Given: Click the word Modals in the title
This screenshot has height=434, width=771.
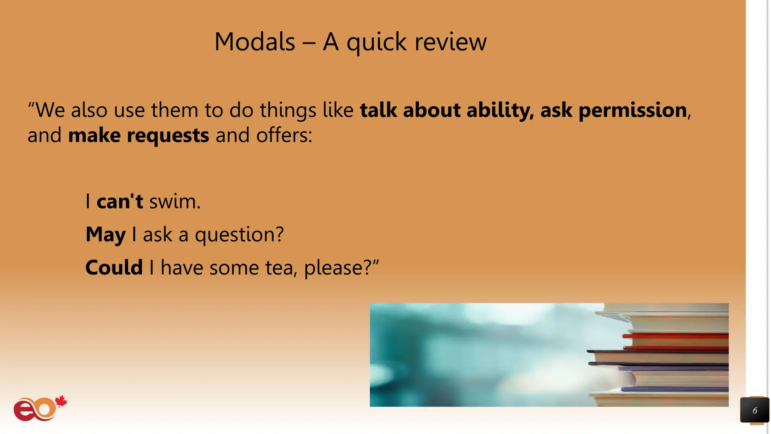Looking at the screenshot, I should (254, 42).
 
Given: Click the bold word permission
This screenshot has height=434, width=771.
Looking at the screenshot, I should (632, 110).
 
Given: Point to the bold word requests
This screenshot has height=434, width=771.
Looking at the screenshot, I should (168, 136).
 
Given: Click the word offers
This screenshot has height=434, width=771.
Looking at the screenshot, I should (284, 135).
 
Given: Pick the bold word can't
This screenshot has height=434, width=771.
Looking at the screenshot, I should (120, 202).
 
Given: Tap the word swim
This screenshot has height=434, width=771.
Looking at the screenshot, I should (175, 202).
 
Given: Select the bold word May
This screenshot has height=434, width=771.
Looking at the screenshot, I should (105, 235).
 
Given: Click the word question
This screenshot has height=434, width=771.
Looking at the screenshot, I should (239, 235).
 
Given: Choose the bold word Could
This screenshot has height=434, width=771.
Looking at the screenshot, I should (114, 268).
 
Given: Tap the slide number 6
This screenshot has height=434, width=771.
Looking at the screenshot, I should (754, 411).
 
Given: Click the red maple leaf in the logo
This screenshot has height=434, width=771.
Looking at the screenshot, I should (61, 402).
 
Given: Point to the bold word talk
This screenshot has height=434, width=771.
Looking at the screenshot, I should (378, 110).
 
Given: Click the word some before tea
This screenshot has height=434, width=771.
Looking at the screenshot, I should (234, 268).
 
